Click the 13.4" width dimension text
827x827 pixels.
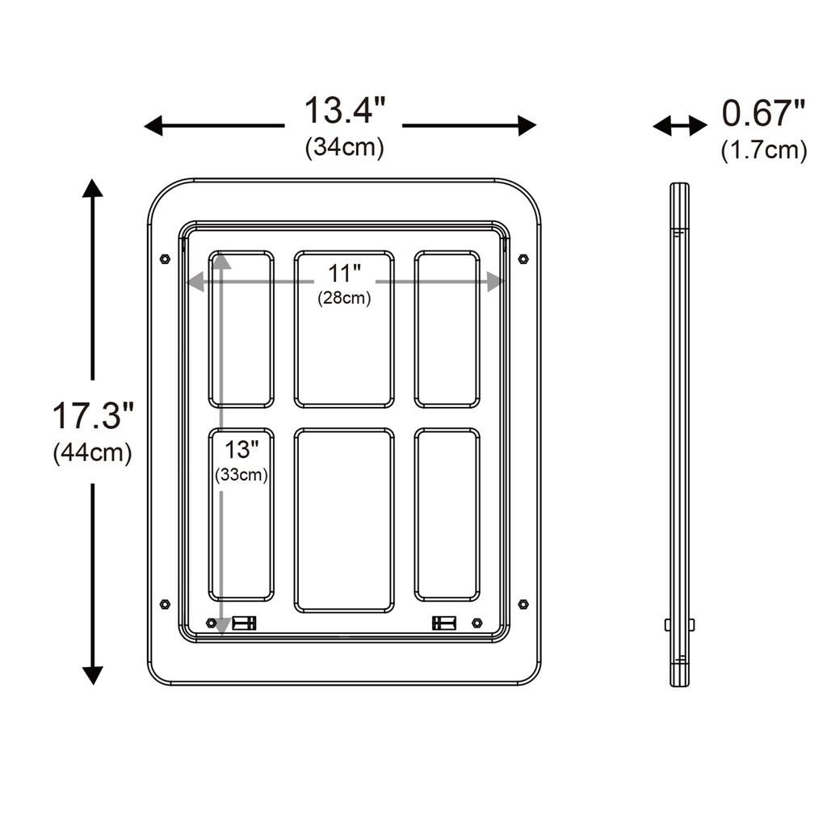tap(344, 111)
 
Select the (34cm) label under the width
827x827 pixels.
tap(344, 148)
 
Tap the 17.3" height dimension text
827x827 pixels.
tap(92, 416)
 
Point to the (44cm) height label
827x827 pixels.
tap(92, 453)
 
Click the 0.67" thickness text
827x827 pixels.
tap(763, 114)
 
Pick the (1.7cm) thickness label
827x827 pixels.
tap(763, 150)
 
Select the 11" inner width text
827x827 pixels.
tap(344, 273)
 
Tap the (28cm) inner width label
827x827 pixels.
tap(344, 298)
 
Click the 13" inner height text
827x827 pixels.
tap(241, 450)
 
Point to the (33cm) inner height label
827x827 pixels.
tap(241, 475)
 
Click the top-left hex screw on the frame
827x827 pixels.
tap(165, 259)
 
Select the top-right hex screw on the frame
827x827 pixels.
tap(523, 259)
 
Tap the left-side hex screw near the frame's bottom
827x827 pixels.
tap(165, 604)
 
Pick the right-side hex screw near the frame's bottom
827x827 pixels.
tap(523, 604)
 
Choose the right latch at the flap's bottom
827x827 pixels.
tap(444, 623)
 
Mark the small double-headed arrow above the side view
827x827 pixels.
tap(679, 125)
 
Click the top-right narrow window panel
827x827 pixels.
tap(447, 329)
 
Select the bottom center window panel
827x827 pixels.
tap(344, 520)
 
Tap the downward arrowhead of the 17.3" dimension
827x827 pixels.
tap(93, 675)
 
